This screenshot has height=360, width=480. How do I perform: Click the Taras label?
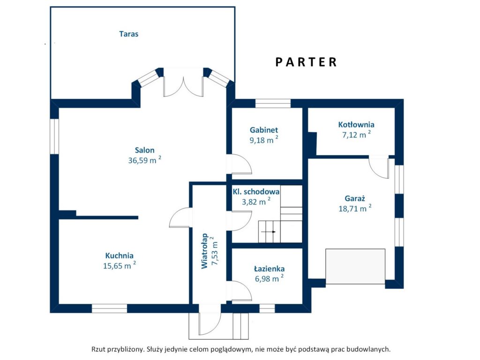coord(128,34)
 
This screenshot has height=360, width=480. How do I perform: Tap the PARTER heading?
coord(306,62)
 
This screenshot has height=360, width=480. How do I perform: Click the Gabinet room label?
coord(264,130)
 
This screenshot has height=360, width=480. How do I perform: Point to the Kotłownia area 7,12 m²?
coord(356,135)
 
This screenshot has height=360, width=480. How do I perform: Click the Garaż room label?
coord(355,198)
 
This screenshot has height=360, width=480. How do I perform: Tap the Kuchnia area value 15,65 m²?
coord(120,265)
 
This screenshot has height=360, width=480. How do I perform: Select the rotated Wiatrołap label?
coord(204,251)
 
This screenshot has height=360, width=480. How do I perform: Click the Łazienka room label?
coord(270,269)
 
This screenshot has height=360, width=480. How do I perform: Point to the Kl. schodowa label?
coord(256,192)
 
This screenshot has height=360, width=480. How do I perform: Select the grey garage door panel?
coord(355,266)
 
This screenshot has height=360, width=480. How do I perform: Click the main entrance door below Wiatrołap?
coord(210,320)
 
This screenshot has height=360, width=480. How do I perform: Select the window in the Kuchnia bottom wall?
coord(109,308)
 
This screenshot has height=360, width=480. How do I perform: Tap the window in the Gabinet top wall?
coord(273,104)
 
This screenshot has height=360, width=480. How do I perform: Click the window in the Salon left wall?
coord(54,136)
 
